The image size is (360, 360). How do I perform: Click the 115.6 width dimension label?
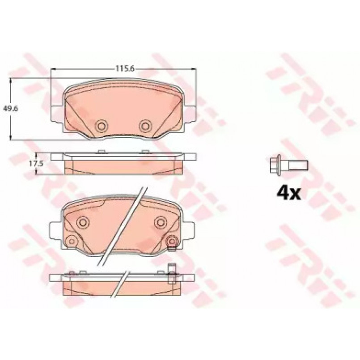click(x=125, y=69)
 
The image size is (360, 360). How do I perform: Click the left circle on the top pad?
click(x=101, y=126)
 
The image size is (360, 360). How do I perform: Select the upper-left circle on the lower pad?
click(x=83, y=222)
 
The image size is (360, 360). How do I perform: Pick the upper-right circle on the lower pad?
click(x=161, y=222)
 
